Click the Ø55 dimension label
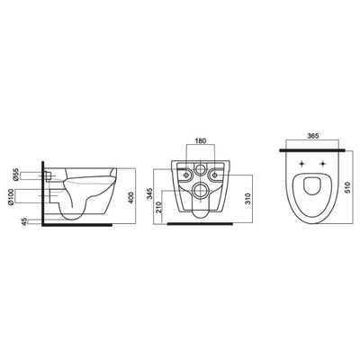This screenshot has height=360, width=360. [16, 175]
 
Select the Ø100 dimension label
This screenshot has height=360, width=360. [11, 197]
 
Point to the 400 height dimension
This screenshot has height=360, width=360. [130, 198]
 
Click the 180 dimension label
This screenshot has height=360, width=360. [201, 140]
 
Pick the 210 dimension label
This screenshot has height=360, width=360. [158, 207]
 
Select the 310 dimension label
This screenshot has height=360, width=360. [247, 198]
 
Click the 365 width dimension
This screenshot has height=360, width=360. [312, 136]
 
